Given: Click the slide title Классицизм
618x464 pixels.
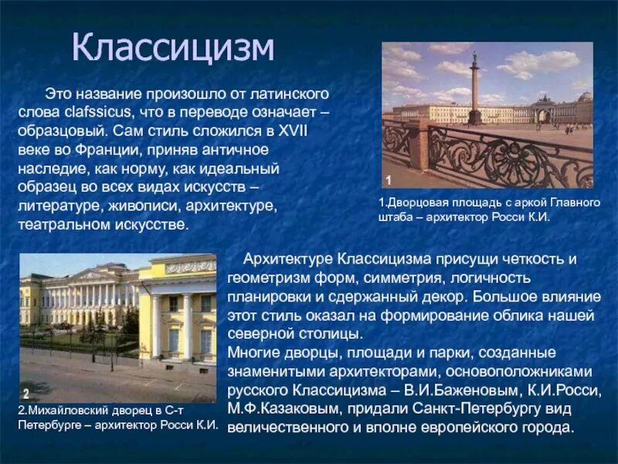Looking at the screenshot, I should tap(174, 48).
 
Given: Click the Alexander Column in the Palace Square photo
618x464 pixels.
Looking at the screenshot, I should tap(474, 89).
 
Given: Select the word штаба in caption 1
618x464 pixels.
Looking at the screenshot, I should tap(395, 217).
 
